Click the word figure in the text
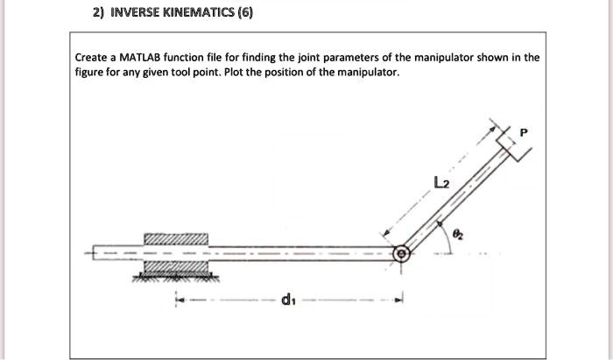pos(90,73)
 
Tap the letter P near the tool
pos(524,132)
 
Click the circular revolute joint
pos(401,254)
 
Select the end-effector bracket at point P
pos(511,143)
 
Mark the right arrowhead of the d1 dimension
pos(398,301)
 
